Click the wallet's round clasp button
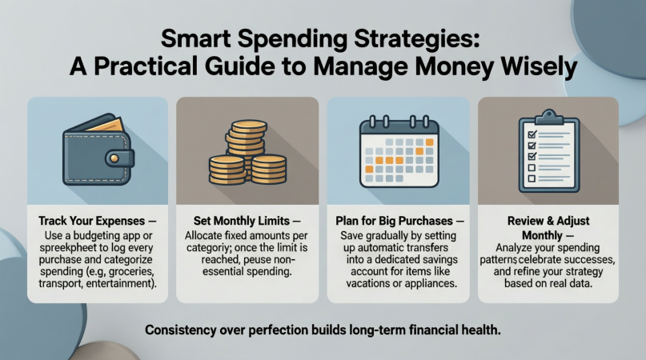114,158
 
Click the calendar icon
399,152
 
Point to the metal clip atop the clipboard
548,117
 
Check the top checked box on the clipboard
532,134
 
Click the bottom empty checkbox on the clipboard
532,178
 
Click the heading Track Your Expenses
92,221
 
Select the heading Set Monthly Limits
242,221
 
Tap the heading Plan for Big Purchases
395,221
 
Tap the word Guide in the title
239,66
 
